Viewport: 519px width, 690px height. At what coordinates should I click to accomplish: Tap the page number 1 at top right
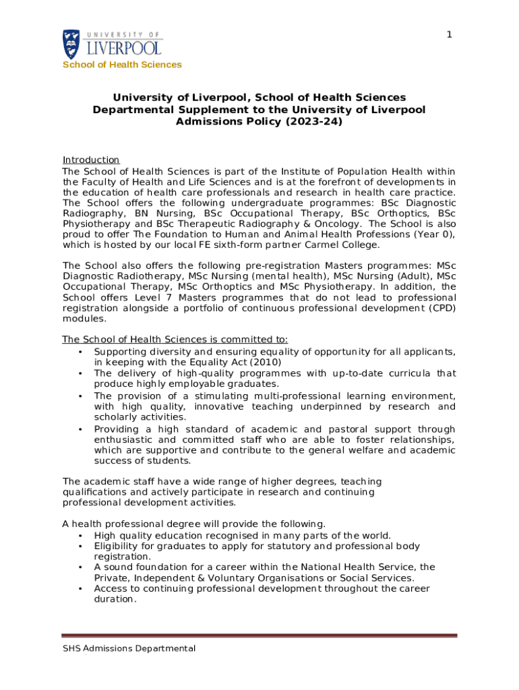tap(449, 35)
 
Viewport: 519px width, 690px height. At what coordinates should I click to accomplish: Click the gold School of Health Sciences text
tap(122, 65)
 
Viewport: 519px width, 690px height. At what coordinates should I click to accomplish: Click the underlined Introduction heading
tap(91, 160)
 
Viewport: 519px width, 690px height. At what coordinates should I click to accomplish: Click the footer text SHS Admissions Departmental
tap(129, 648)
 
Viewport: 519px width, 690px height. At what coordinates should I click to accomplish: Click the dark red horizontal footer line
tap(259, 635)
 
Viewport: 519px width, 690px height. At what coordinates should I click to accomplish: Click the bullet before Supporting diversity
tap(80, 351)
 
